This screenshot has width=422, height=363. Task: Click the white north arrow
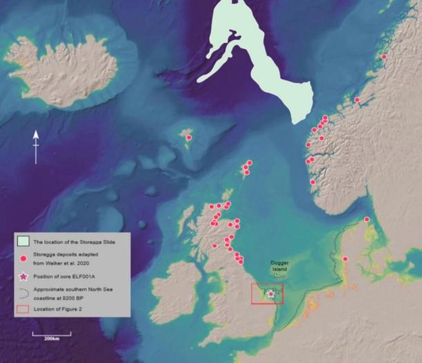pos(36,146)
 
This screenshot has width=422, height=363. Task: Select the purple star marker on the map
pos(270,293)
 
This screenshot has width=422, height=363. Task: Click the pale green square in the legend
pos(23,241)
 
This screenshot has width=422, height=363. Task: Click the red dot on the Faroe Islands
pos(187,137)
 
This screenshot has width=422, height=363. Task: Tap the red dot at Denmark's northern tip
pos(367,219)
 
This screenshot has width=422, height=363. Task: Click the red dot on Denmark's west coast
pos(345,259)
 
